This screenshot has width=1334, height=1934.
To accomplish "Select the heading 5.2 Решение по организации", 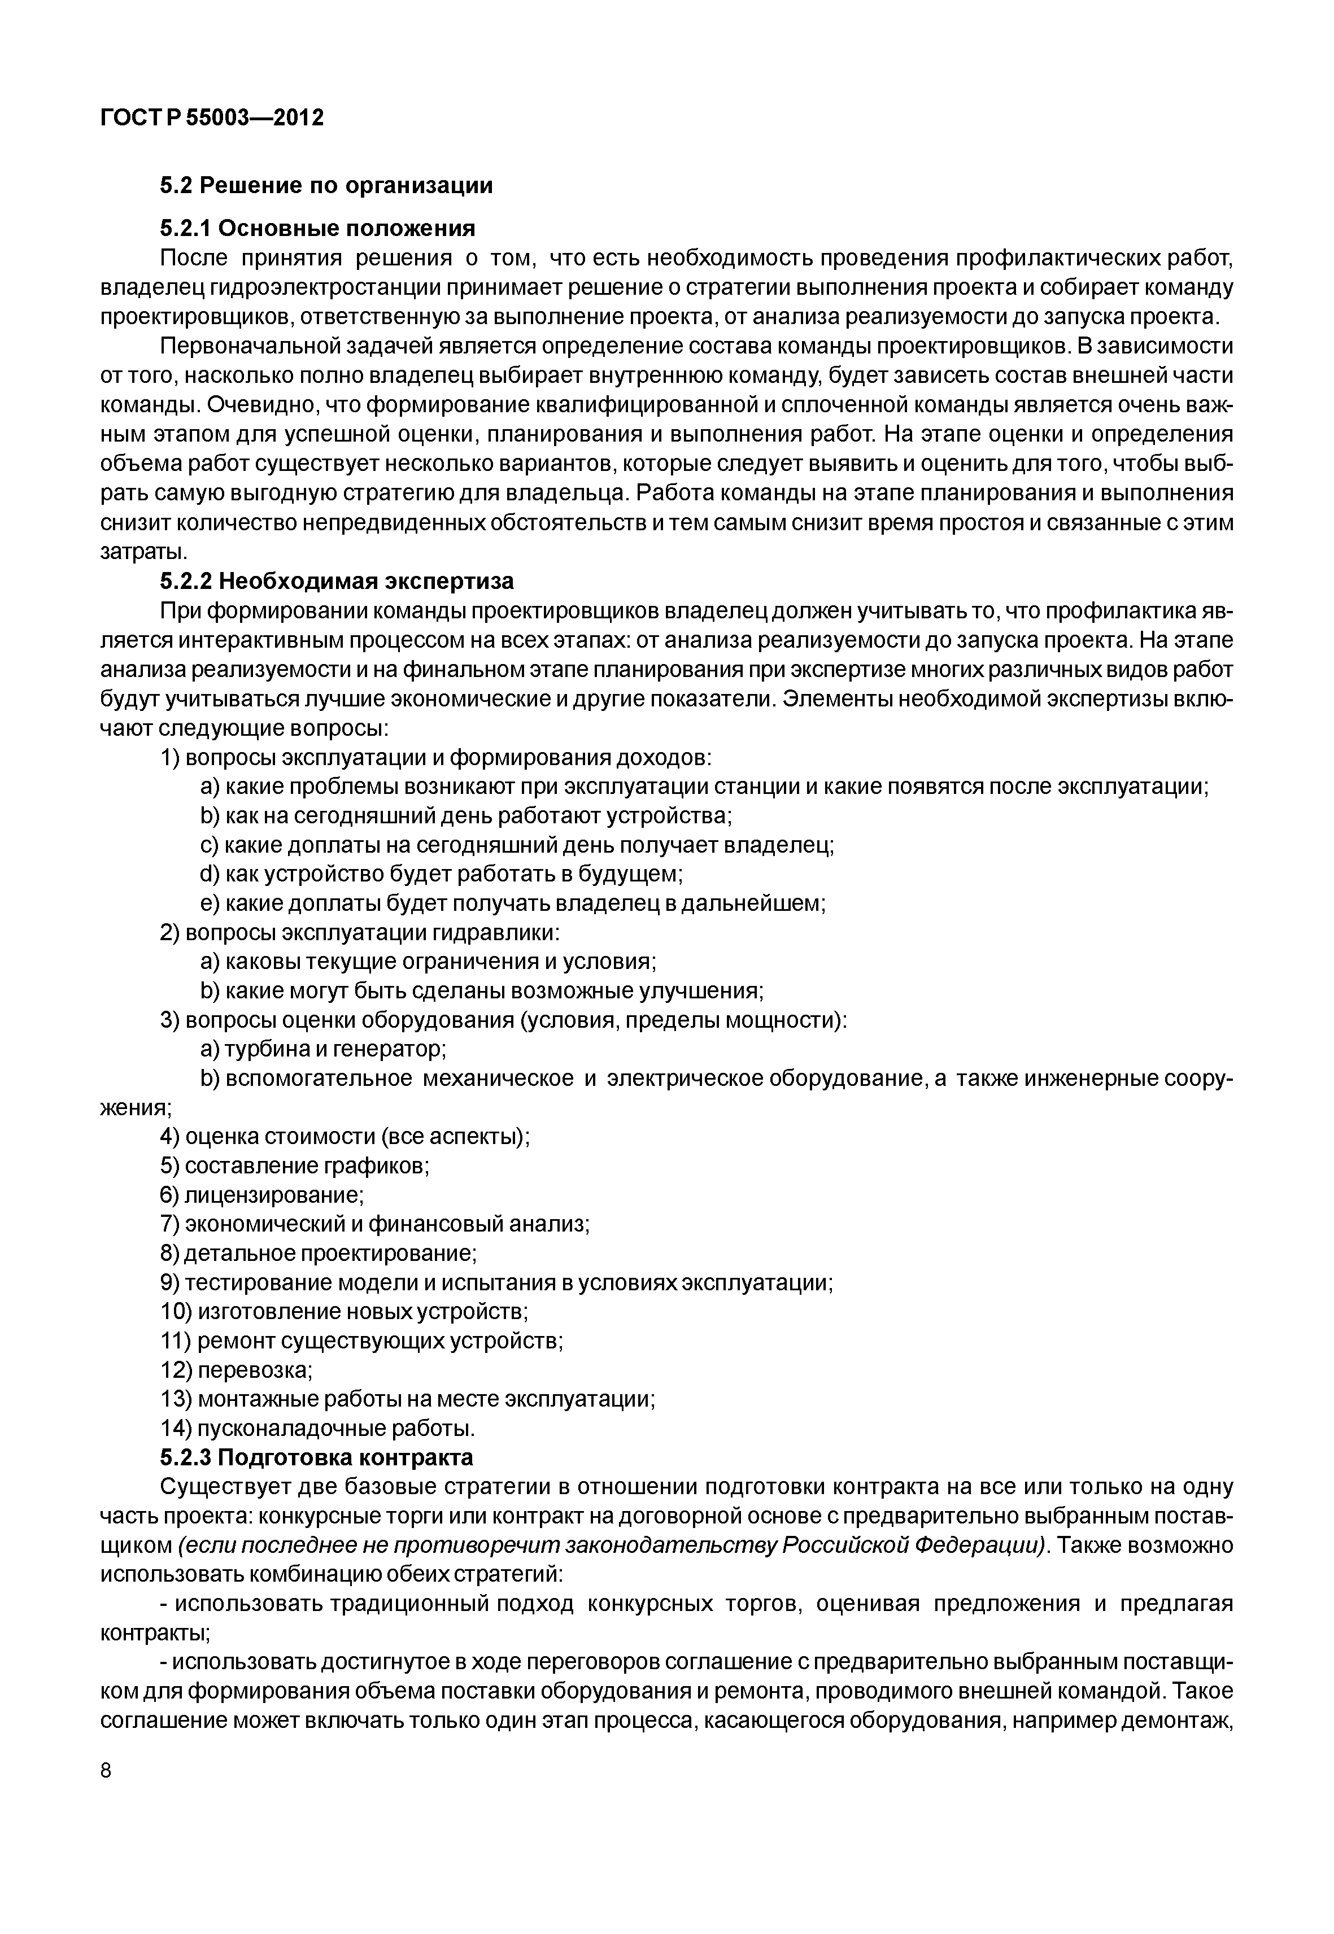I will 326,186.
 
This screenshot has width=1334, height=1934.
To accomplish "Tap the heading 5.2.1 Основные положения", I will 317,228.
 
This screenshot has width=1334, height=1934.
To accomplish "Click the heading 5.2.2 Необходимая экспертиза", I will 336,580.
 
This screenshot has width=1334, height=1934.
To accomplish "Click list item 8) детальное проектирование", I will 317,1254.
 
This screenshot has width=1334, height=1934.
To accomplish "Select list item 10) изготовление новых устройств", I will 343,1312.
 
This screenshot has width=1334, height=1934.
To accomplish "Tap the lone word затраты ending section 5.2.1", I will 143,552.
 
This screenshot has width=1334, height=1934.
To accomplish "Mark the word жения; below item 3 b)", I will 136,1107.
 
